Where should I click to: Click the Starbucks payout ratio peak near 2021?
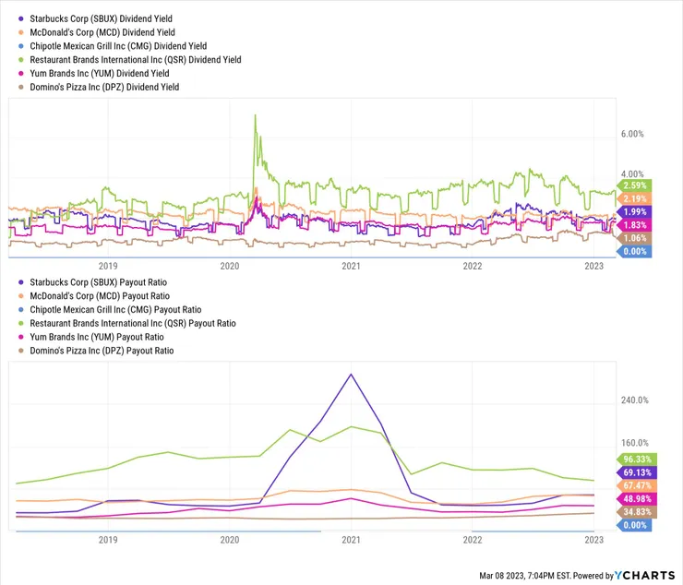[351, 375]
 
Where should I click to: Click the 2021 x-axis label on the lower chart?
[351, 539]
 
